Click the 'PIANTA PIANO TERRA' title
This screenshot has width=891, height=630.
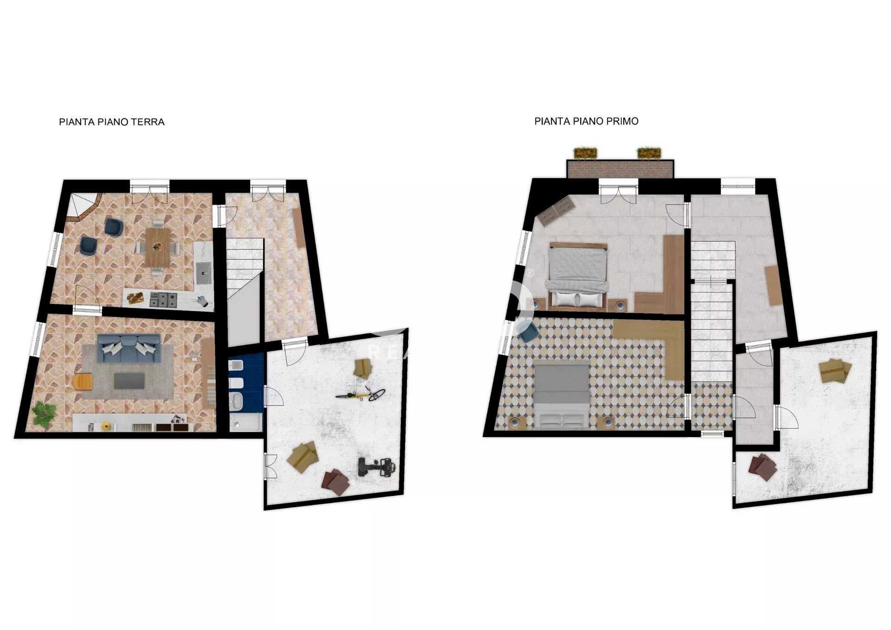[x=111, y=122]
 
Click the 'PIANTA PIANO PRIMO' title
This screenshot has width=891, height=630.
[x=586, y=122]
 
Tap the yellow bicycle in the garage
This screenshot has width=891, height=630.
[x=361, y=395]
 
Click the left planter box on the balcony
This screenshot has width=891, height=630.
[x=586, y=153]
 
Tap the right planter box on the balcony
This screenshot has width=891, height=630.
[x=649, y=153]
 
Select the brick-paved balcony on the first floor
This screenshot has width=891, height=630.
[x=620, y=169]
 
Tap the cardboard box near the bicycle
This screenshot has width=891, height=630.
[x=363, y=368]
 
